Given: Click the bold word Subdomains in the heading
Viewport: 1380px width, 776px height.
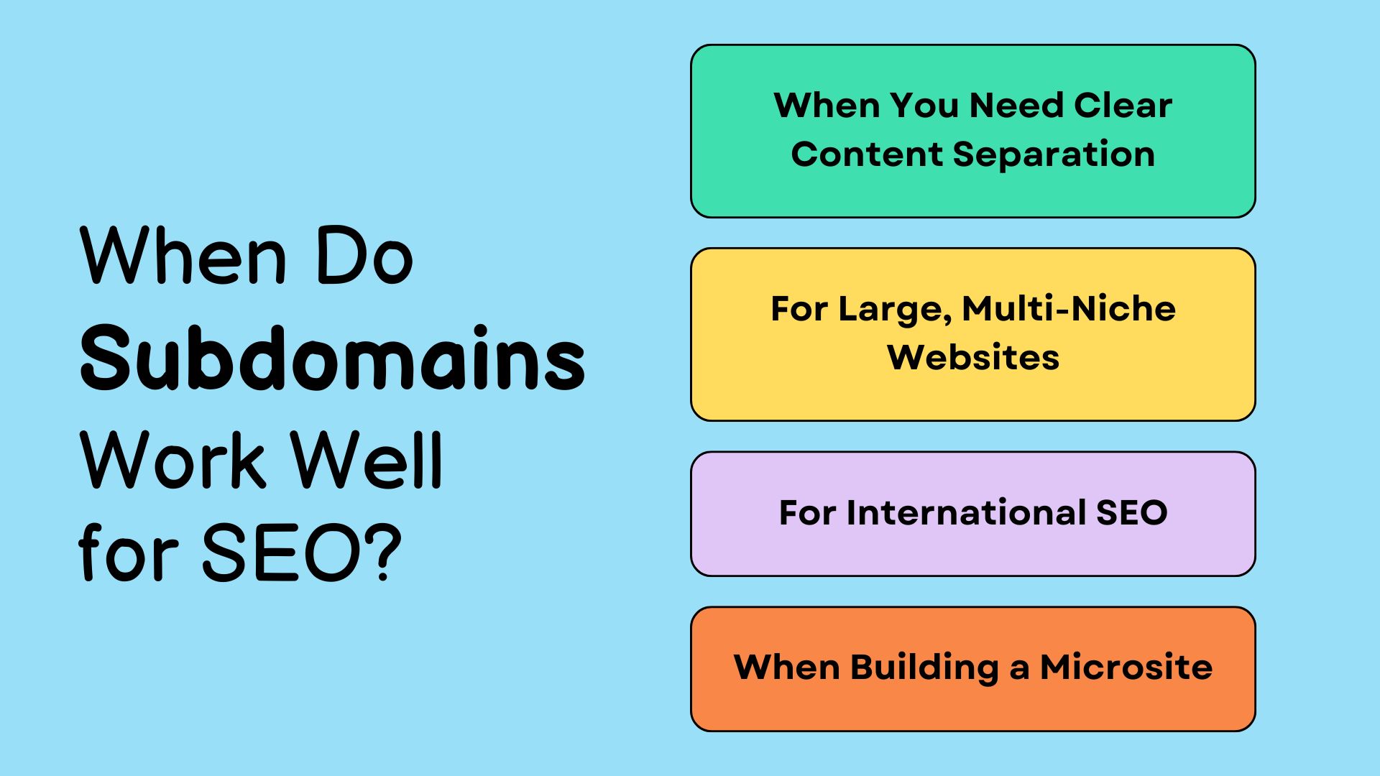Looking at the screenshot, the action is click(x=333, y=357).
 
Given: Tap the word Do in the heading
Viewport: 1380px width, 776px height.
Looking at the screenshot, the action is click(x=364, y=255).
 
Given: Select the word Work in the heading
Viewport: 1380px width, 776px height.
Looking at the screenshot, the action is click(x=172, y=460).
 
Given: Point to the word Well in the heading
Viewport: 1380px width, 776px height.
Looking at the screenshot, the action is click(x=367, y=460).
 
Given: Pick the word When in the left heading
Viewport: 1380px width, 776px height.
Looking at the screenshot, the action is click(x=184, y=255).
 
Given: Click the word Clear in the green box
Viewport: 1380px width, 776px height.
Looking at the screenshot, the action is click(x=1123, y=106).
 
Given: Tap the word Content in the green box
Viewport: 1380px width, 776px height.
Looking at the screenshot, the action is click(x=867, y=154).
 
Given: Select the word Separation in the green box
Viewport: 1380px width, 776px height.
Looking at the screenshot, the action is click(x=1054, y=154).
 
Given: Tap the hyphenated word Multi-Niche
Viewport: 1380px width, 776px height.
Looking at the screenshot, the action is click(x=1069, y=309).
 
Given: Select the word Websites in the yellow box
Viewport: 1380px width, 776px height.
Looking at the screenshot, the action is click(x=973, y=357).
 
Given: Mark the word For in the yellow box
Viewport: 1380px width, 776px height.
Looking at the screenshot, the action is click(x=799, y=309).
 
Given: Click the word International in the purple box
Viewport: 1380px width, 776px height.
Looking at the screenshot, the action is click(x=967, y=513).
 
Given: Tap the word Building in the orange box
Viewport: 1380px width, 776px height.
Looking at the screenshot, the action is click(x=925, y=668).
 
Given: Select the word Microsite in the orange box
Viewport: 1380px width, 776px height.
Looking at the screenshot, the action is click(x=1126, y=667).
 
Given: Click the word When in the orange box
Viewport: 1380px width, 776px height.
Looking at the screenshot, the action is click(x=787, y=667).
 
